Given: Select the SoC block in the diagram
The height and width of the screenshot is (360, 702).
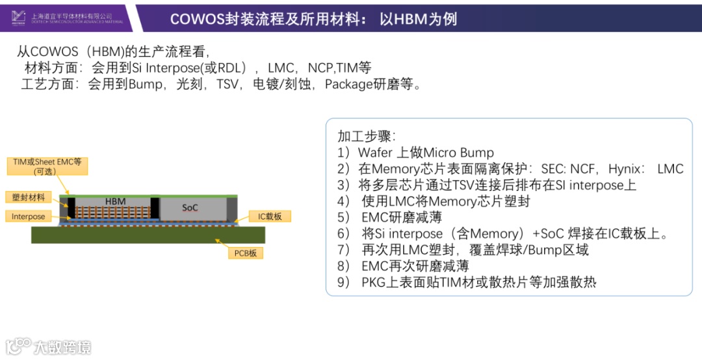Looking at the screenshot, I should pyautogui.click(x=190, y=208).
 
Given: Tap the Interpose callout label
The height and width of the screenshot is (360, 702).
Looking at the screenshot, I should pyautogui.click(x=29, y=216).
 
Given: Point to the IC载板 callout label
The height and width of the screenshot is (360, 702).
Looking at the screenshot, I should pyautogui.click(x=270, y=216).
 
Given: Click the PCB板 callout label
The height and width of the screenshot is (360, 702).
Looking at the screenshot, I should pyautogui.click(x=245, y=253).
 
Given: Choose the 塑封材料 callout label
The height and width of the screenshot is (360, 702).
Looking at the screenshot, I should pyautogui.click(x=29, y=197).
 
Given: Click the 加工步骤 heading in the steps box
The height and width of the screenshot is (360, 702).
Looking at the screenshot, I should pyautogui.click(x=367, y=136).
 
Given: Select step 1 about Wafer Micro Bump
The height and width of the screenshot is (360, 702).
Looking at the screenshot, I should pyautogui.click(x=416, y=153).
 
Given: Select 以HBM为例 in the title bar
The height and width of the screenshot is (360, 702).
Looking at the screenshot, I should pyautogui.click(x=419, y=19).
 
